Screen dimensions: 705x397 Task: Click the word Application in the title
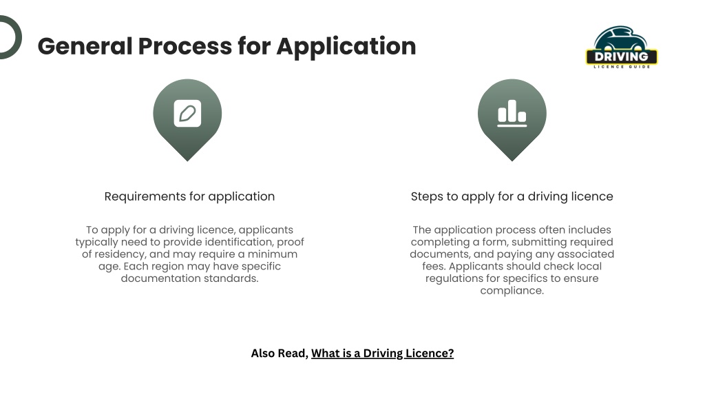346,47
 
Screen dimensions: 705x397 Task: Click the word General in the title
85,46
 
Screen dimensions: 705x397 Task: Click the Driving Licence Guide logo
622,48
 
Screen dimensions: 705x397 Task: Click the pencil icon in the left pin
187,114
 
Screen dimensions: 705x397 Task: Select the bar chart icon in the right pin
512,114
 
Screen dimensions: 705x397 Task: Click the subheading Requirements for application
189,196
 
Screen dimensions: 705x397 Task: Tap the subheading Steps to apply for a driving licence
512,196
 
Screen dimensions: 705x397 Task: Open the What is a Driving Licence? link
382,354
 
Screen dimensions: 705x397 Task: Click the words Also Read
280,354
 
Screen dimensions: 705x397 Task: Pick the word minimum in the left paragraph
273,254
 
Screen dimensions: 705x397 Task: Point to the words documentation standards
189,278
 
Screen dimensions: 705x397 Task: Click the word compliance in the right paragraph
512,291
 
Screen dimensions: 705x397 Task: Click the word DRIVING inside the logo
622,57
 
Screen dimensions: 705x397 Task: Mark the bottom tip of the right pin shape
512,161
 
